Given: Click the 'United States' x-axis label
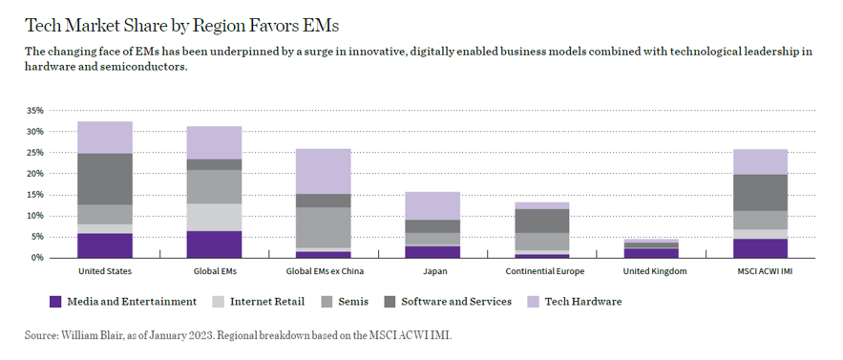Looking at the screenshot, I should coord(104,272).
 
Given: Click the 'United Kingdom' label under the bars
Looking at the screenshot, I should coord(650,272).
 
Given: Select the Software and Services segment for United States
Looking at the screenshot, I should coord(104,179).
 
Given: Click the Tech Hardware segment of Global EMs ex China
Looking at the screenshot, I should coord(323,171).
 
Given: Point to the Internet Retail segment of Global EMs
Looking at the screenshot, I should coord(214,217).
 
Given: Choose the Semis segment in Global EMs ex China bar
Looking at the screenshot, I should coord(323,227).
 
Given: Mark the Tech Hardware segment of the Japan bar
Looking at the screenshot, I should coord(432,205).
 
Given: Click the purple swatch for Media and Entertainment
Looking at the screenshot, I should coord(55,302).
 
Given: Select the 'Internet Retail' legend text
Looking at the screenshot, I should coord(266,302).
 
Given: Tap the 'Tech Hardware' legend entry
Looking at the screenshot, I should coord(582,302).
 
